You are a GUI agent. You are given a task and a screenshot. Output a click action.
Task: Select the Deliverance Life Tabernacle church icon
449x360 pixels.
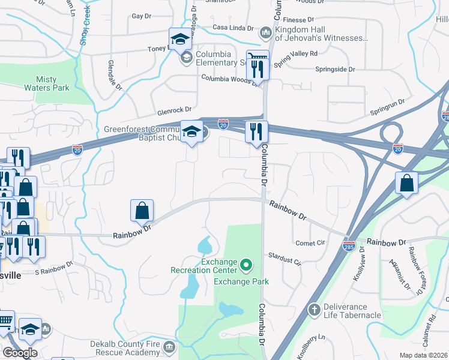313,310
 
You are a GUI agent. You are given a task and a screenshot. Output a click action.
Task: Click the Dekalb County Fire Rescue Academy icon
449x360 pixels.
170,346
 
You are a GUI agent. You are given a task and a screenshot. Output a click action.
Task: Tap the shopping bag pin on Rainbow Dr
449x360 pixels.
142,212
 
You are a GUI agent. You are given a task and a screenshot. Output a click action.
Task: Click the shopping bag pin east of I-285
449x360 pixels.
406,184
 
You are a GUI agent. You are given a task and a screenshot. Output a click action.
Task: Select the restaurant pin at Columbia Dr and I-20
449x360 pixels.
256,132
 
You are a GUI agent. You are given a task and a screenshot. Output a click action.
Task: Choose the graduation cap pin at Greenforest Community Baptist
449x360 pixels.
191,132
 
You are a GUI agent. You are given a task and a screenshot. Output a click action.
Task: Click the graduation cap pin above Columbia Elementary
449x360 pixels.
179,40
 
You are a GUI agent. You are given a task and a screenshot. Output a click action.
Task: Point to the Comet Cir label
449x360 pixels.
310,243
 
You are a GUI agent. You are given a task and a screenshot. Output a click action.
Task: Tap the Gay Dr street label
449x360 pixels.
141,16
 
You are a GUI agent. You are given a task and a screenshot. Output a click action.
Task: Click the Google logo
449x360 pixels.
20,353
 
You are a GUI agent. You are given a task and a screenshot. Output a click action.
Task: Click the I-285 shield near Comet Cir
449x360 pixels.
349,246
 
